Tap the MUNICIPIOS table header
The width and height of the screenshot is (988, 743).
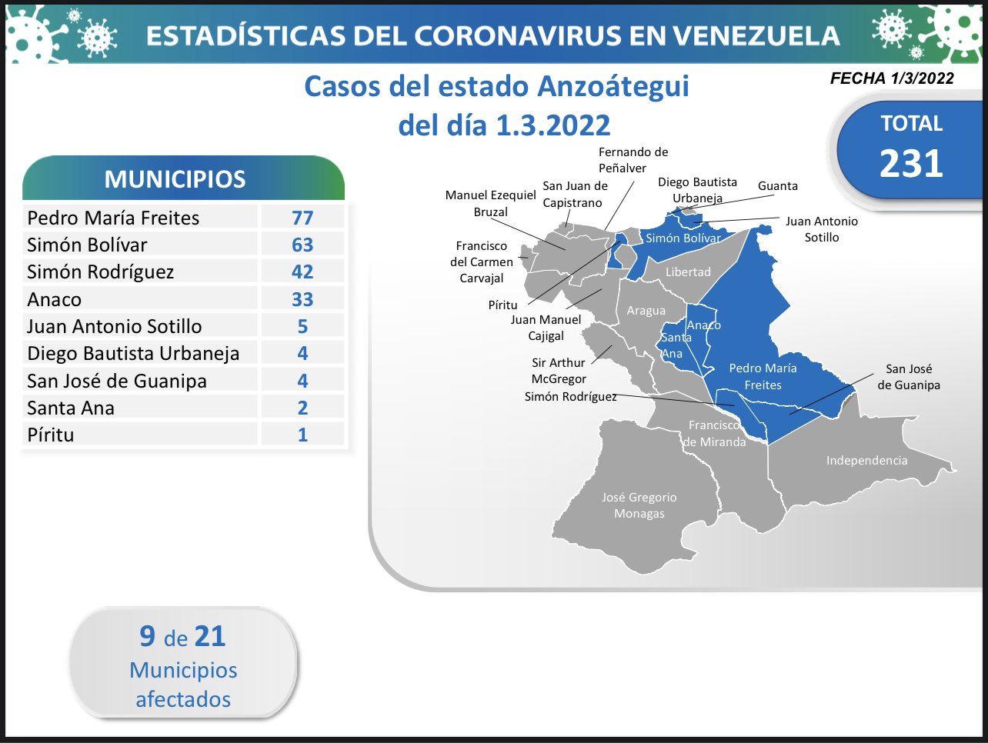(x=175, y=179)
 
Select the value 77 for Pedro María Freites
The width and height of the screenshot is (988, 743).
(x=302, y=218)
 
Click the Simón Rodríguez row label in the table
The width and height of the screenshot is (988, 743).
(x=100, y=272)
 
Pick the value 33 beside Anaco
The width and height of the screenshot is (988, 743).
(x=302, y=299)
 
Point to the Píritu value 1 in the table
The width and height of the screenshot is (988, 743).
(x=302, y=435)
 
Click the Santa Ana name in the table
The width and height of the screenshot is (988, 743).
(x=71, y=408)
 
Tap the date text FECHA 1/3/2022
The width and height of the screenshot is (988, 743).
(x=892, y=78)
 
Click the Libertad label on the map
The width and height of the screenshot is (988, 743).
(x=688, y=272)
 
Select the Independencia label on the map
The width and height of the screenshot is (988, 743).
(x=867, y=461)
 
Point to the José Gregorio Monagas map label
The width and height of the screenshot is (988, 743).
(x=639, y=505)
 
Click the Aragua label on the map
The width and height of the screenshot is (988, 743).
(x=646, y=311)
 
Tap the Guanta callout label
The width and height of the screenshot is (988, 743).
(x=778, y=186)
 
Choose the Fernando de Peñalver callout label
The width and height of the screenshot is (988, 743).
(x=633, y=160)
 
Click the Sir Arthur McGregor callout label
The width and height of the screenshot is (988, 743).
(x=559, y=371)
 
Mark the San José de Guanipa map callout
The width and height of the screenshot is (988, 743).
(x=909, y=377)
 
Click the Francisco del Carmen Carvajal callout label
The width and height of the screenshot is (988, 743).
(x=482, y=262)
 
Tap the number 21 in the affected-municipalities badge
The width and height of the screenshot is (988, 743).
(x=210, y=636)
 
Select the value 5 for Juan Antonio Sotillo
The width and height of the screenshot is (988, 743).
(x=302, y=327)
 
